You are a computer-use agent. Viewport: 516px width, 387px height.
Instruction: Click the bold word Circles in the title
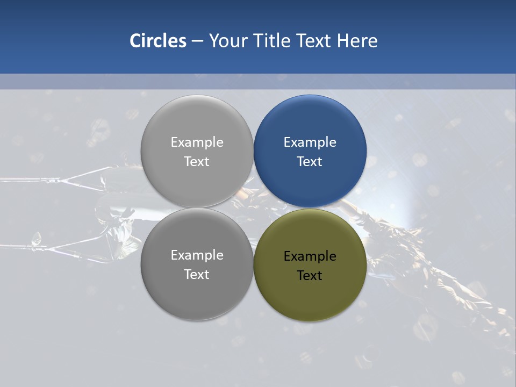[157, 41]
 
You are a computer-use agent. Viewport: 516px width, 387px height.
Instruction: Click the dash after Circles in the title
[197, 41]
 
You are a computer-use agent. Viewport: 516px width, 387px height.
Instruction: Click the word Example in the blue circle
[310, 142]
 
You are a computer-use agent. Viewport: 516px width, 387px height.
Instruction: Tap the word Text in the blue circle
[310, 162]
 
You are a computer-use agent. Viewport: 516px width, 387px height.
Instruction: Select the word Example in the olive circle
[310, 256]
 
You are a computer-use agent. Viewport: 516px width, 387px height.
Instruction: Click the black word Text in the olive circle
[310, 276]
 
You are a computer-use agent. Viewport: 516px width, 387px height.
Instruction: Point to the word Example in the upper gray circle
[197, 142]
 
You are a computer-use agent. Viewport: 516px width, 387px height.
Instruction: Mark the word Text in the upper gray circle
[197, 162]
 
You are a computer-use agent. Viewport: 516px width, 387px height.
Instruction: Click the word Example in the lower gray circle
[197, 255]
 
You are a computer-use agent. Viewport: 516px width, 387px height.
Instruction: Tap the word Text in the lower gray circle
[197, 275]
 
